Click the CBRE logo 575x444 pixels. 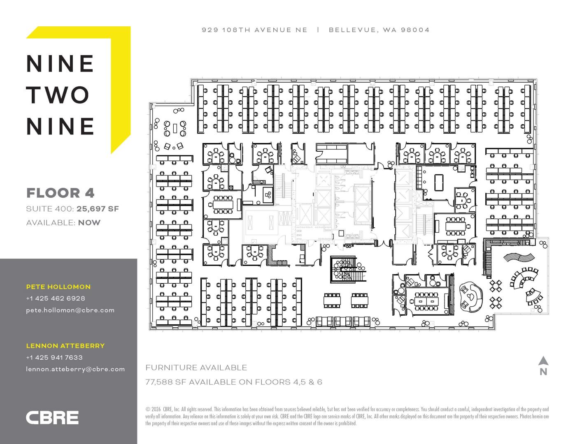52,418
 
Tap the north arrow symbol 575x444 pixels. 543,361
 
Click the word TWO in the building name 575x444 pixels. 58,95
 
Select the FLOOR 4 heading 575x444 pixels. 61,193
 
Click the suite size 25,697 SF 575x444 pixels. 98,209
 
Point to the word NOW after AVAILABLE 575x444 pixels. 89,222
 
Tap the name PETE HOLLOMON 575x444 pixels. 58,287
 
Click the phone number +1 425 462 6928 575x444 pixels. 56,298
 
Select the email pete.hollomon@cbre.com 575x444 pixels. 70,310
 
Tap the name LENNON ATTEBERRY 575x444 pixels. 65,346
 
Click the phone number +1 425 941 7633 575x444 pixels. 54,357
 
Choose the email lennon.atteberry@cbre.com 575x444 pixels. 75,369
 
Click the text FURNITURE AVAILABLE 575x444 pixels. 196,368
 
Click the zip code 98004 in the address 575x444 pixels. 415,30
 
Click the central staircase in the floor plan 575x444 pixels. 348,269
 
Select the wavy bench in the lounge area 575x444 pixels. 519,257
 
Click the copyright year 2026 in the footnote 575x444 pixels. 156,409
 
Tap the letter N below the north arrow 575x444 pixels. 543,372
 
